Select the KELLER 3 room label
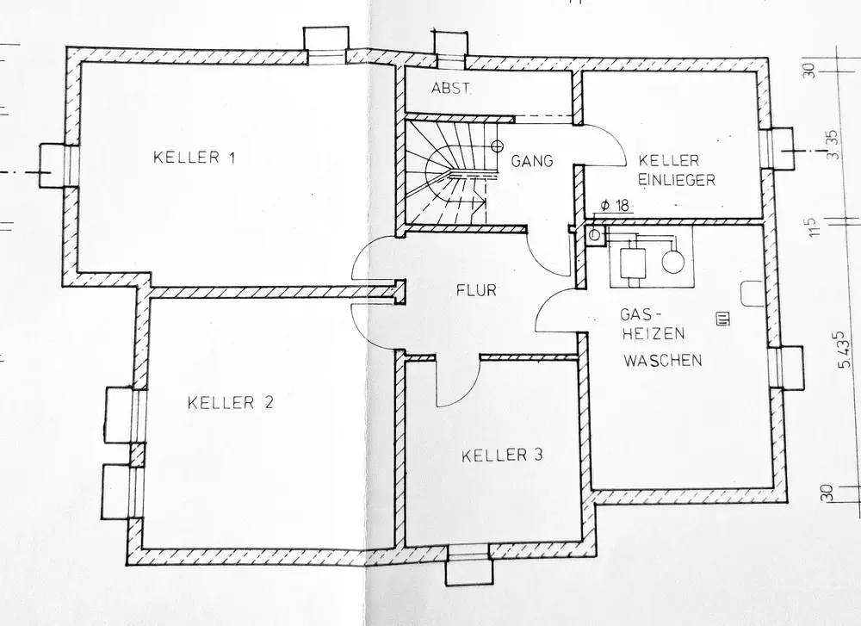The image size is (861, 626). [503, 455]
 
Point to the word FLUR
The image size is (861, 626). [477, 290]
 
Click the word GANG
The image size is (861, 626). [530, 160]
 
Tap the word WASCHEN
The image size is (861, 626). [662, 360]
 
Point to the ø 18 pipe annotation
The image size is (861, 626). [615, 205]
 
